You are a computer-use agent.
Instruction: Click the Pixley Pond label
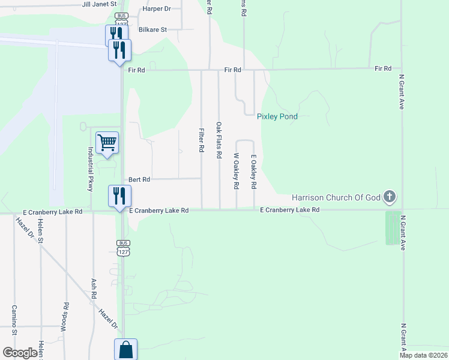[277, 116]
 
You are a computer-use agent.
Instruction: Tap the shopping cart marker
[107, 143]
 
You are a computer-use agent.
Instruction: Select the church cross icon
[390, 196]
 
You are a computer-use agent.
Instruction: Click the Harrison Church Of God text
[336, 197]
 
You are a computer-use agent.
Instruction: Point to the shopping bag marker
[126, 349]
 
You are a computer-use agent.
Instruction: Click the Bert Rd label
[139, 179]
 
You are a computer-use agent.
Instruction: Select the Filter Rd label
[202, 140]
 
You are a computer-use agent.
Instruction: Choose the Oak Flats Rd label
[219, 140]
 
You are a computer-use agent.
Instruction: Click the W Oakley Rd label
[237, 172]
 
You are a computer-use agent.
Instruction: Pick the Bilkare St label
[152, 29]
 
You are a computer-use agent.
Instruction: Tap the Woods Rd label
[65, 314]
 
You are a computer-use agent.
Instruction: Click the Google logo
[20, 353]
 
